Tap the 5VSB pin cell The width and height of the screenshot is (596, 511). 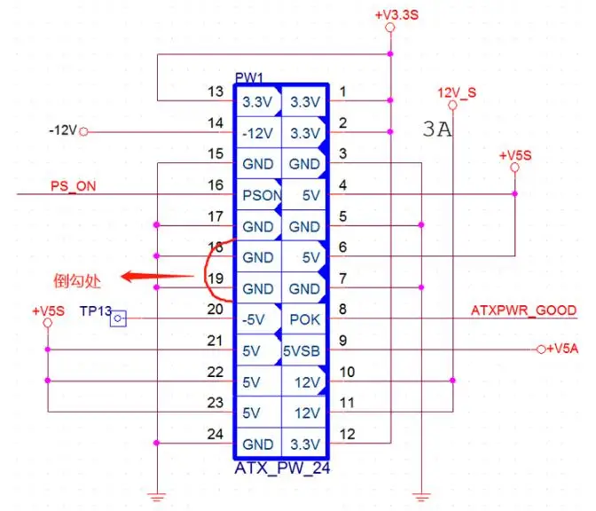pyautogui.click(x=304, y=350)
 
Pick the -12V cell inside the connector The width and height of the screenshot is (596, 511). pyautogui.click(x=257, y=133)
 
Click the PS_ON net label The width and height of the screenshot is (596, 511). pyautogui.click(x=74, y=185)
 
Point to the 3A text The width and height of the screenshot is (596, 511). pyautogui.click(x=437, y=131)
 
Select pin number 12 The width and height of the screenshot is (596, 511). pyautogui.click(x=348, y=434)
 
